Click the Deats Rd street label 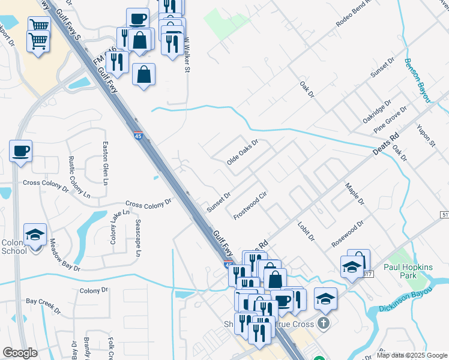(385, 145)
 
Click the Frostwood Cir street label (250, 206)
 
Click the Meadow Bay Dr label (65, 254)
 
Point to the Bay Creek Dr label (43, 305)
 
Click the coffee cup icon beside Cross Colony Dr (20, 150)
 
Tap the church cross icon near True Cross (324, 324)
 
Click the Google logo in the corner (20, 352)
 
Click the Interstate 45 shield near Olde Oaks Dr (137, 136)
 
